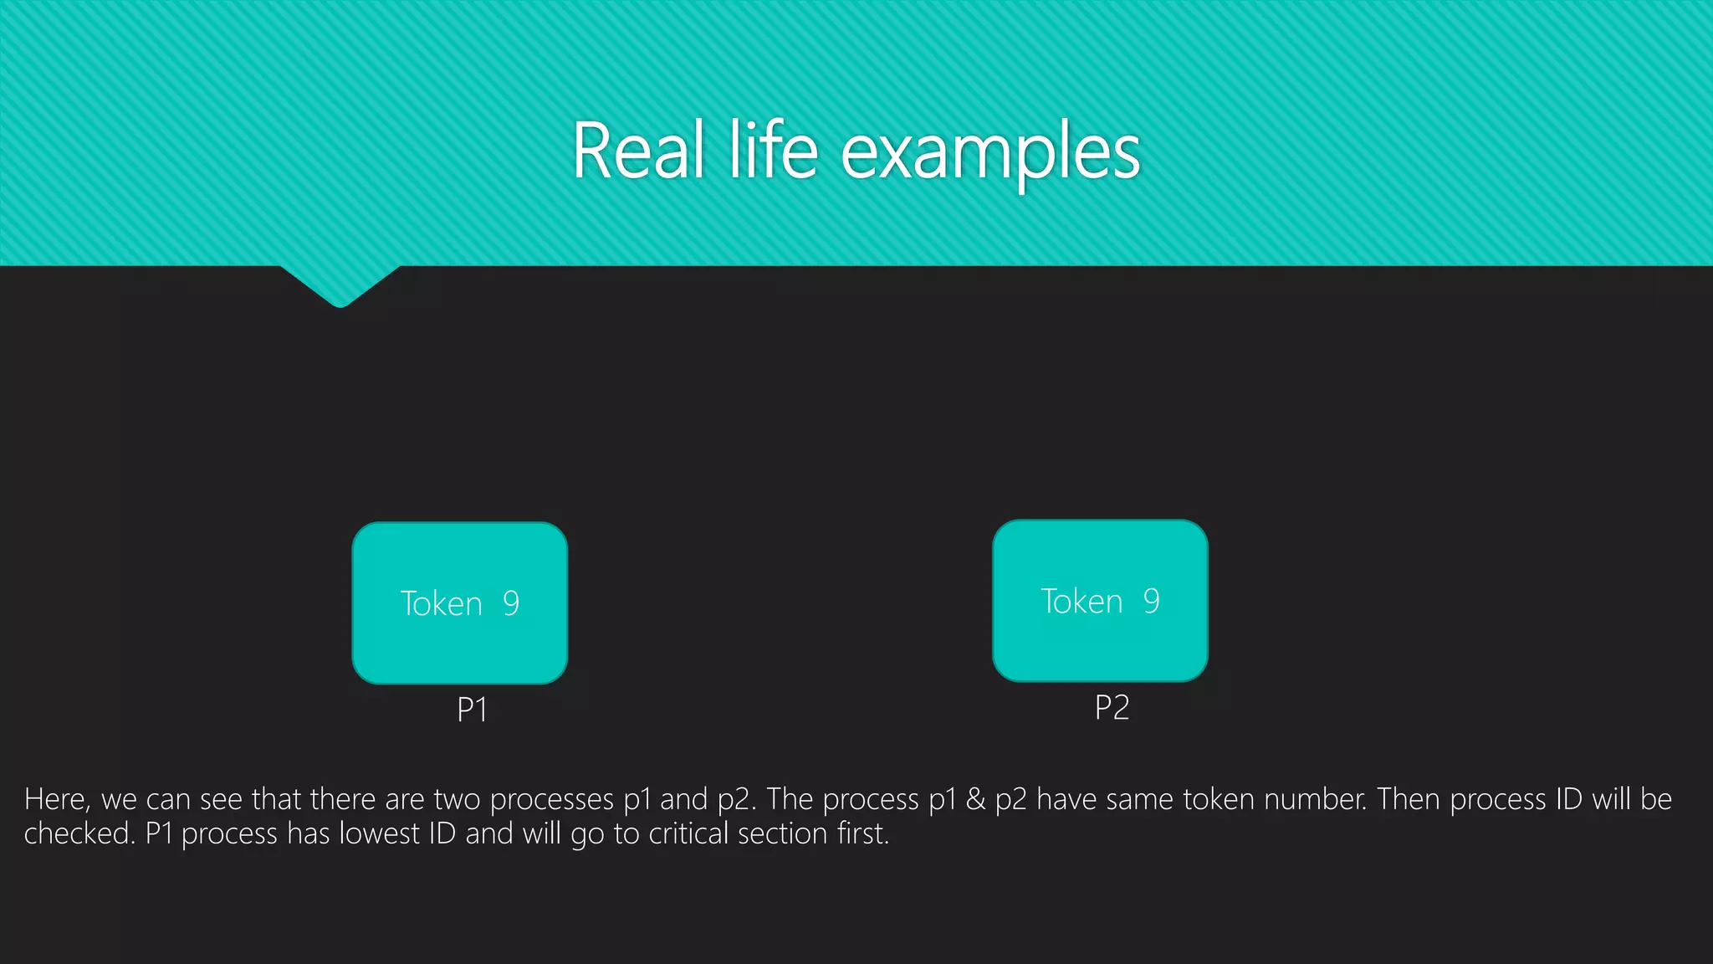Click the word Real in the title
[637, 151]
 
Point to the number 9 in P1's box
[511, 603]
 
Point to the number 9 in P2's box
[1152, 601]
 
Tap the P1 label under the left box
[472, 710]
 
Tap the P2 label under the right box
[1112, 708]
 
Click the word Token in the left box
[441, 603]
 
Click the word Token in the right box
[1081, 601]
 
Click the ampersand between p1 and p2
[975, 799]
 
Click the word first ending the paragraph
[863, 834]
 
